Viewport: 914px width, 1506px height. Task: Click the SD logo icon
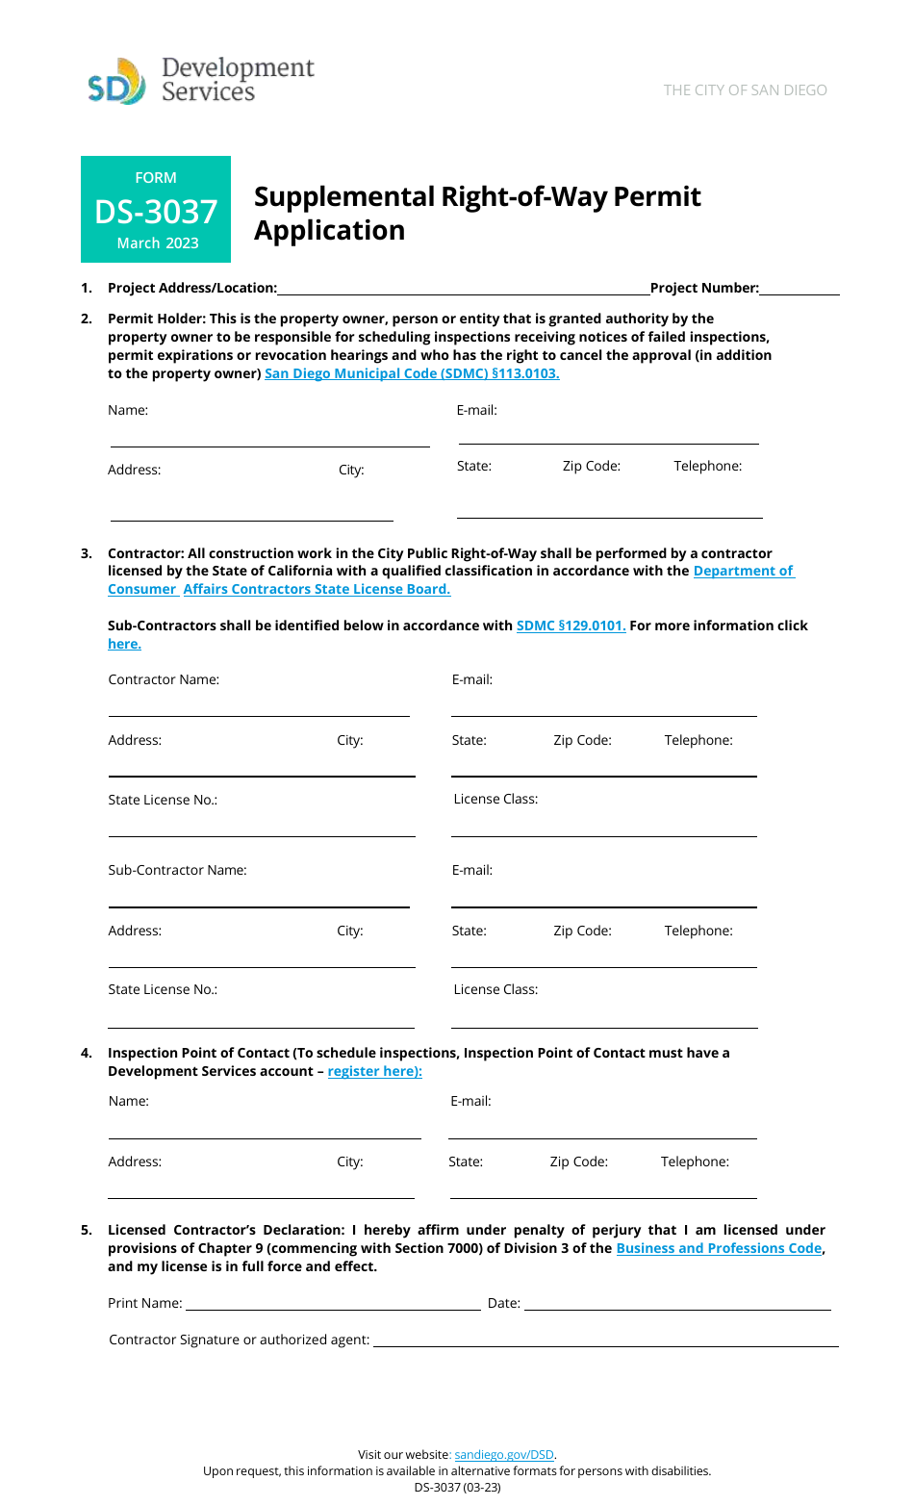click(116, 83)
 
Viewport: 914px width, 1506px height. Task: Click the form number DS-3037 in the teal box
click(156, 212)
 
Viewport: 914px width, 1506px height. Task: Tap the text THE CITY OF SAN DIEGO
click(745, 90)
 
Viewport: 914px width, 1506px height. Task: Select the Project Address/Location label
click(192, 288)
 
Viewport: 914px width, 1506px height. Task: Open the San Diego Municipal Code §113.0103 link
click(412, 373)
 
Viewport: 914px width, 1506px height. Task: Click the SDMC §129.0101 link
click(571, 625)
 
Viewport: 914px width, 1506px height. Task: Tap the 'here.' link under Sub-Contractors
click(124, 644)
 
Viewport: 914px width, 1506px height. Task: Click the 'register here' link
click(374, 1071)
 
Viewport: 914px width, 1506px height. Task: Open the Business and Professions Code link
click(719, 1248)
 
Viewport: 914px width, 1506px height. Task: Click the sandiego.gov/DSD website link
click(504, 1455)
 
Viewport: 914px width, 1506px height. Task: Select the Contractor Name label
click(164, 679)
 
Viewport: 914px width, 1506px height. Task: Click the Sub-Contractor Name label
click(177, 870)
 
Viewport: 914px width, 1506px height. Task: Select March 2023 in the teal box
click(158, 243)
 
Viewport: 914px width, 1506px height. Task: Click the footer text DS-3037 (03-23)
click(457, 1487)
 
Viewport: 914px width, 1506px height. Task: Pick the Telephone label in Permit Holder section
click(707, 466)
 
